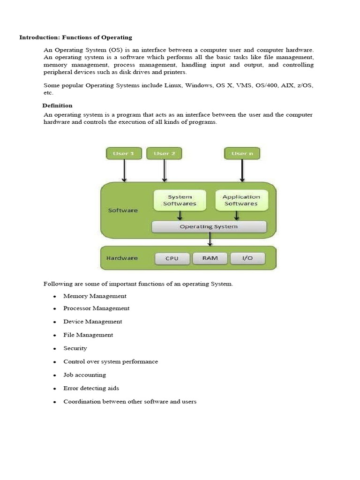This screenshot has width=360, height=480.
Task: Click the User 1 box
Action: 124,153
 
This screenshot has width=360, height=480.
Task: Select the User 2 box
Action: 164,153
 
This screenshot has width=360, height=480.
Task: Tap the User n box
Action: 242,153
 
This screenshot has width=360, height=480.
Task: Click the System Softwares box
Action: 180,200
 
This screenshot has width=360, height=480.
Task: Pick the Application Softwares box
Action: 241,200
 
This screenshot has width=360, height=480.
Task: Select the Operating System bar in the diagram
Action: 209,227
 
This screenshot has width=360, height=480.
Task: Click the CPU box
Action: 172,258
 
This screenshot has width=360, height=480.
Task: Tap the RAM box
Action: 210,258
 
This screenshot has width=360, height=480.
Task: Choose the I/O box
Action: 247,258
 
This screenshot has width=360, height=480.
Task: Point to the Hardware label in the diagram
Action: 122,258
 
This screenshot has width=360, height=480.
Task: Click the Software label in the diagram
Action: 123,210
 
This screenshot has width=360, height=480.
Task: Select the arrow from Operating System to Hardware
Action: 210,240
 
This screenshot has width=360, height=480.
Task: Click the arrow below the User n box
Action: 242,171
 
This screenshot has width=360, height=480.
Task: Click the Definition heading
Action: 58,105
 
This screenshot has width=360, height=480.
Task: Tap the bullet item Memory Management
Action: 95,296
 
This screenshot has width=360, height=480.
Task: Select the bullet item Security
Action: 75,348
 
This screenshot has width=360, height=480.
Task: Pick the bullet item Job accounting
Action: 84,375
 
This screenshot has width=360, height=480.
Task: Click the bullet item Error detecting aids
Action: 91,388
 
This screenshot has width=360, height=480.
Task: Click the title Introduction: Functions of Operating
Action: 75,37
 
